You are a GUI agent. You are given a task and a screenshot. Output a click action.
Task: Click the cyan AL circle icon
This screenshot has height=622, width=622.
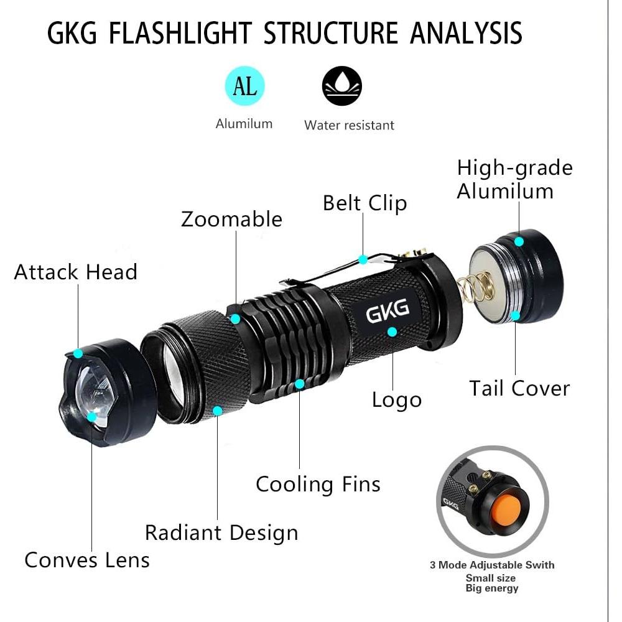click(x=244, y=86)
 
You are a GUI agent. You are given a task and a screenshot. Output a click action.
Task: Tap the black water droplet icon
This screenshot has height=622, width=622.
click(x=341, y=86)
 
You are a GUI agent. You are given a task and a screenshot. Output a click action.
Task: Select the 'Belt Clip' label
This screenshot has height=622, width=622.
click(x=364, y=203)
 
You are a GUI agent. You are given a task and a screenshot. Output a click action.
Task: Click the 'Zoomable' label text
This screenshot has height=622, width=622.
click(x=231, y=219)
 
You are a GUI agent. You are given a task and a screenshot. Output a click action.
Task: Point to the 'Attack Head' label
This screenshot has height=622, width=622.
click(x=75, y=272)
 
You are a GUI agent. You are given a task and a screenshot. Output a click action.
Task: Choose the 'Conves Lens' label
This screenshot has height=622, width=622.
click(x=87, y=560)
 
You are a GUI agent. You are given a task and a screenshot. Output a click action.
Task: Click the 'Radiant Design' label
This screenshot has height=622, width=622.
click(x=221, y=532)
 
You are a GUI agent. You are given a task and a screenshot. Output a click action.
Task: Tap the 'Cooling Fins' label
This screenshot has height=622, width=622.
click(x=318, y=484)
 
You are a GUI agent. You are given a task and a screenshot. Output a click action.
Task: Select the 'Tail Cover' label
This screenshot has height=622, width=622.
click(x=519, y=388)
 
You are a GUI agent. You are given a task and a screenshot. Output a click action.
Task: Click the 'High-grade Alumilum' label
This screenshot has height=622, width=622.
click(x=514, y=179)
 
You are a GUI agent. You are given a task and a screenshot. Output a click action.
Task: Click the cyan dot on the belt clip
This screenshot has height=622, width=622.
click(x=363, y=259)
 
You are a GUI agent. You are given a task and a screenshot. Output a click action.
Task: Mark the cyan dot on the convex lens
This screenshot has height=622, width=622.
click(x=92, y=417)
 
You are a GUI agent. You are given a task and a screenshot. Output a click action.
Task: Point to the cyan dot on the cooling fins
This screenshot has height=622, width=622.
click(x=299, y=384)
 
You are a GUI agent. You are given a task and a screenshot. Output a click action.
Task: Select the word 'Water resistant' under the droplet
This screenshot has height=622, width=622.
click(x=349, y=125)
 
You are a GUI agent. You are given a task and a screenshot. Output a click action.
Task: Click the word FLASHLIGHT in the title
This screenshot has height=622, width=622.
click(x=180, y=33)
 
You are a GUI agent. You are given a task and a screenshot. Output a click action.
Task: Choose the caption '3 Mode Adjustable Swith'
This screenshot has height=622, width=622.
click(x=491, y=565)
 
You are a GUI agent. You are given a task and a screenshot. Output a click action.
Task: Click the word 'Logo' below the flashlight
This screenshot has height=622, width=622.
click(x=397, y=400)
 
